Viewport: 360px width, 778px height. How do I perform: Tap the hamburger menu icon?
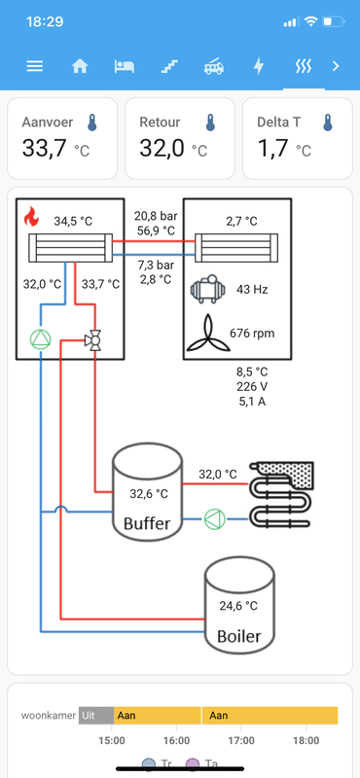35,66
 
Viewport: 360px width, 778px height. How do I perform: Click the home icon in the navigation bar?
80,66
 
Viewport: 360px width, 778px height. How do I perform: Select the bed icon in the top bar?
125,66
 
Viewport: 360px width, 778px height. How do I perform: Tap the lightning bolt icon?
259,66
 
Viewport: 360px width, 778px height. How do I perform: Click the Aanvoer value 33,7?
44,148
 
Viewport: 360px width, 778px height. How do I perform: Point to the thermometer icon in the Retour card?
210,123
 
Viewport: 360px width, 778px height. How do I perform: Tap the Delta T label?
279,123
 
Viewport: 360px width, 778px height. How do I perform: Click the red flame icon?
31,217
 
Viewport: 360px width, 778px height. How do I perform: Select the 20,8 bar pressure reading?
156,216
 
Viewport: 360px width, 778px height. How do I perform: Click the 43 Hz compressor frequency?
252,289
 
